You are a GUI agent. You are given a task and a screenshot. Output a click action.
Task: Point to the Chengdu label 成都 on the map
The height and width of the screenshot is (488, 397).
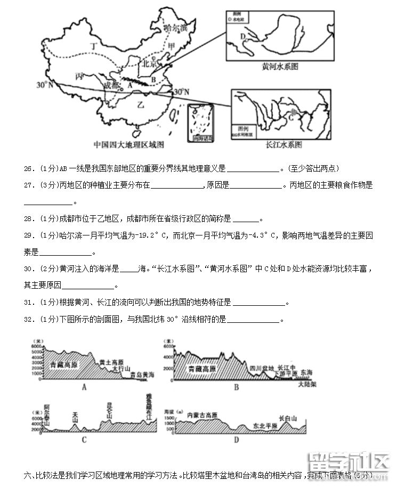point(112,84)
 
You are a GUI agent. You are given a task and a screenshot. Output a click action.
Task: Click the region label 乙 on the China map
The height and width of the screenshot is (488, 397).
point(141,104)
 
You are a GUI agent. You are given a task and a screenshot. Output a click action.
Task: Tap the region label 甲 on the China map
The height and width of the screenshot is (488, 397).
point(171,47)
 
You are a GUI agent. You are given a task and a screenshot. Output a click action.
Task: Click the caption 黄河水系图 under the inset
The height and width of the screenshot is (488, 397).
point(279,67)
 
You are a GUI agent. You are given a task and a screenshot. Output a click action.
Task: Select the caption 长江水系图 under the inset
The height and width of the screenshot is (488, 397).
point(283,144)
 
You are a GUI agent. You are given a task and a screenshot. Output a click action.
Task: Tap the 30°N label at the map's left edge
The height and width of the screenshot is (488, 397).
point(45,85)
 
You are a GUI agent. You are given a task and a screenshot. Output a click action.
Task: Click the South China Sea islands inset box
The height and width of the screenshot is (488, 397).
point(199,124)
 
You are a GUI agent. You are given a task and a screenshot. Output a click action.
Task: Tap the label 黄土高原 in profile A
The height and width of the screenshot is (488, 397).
point(110,361)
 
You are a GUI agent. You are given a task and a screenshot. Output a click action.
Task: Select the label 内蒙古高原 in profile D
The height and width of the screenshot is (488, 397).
point(202,414)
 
